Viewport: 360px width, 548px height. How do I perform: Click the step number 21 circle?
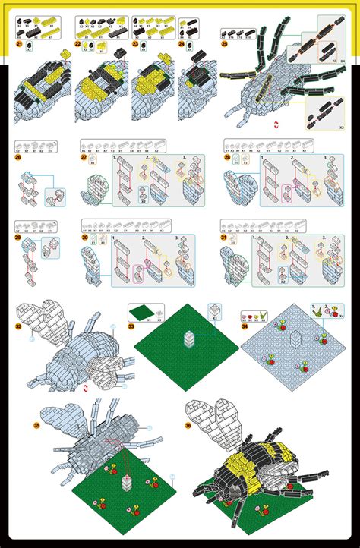coord(19,45)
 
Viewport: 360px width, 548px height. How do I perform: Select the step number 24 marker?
coord(182,45)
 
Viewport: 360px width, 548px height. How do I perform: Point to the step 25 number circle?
coord(225,44)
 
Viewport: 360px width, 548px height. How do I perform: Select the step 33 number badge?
coord(131,327)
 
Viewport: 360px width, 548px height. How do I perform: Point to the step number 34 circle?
coord(245,327)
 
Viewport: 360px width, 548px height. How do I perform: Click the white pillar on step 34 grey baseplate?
coord(298,339)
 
